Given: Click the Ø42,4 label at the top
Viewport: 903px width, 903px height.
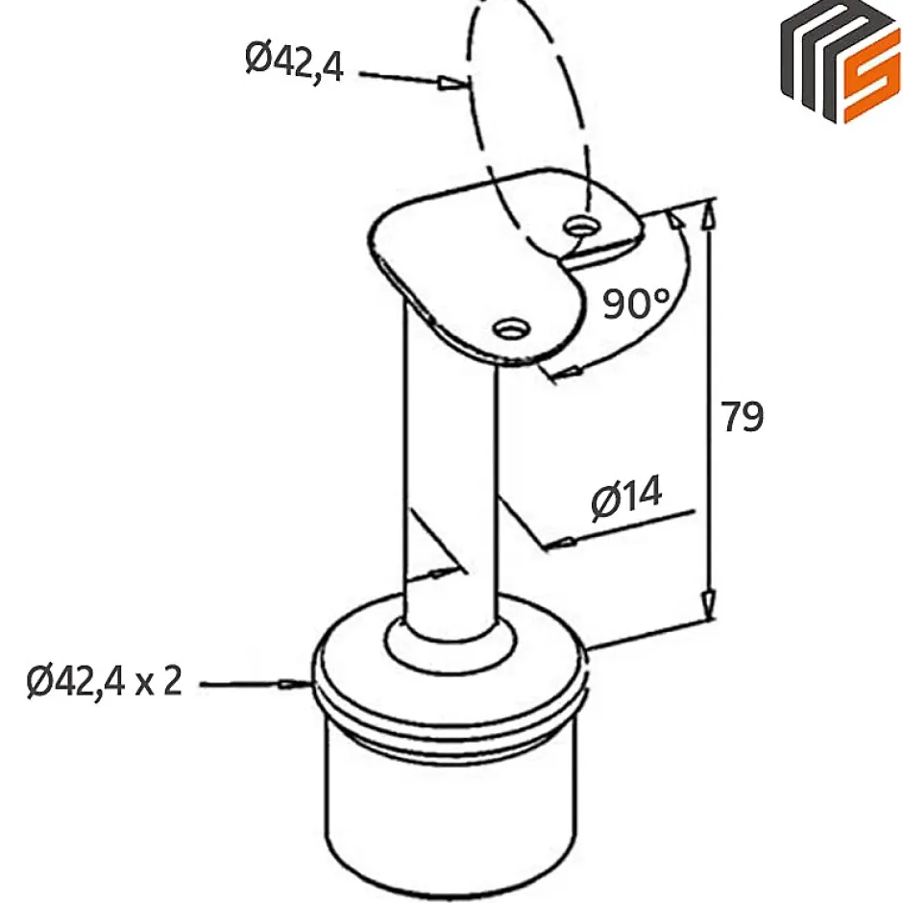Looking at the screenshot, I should pos(294,61).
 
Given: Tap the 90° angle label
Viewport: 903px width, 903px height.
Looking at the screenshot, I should pos(635,304).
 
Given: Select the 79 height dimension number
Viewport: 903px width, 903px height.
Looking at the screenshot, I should pos(743,417).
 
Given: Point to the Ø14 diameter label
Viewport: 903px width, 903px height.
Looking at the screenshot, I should pos(626,499).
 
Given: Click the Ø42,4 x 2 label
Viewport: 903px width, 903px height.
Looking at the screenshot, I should pos(104,682).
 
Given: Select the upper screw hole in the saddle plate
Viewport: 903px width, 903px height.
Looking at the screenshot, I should pos(579,228).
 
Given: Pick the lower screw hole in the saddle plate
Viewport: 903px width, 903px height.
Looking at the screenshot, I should pos(508,329).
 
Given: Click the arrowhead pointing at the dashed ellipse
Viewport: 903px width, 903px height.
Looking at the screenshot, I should pos(449,85).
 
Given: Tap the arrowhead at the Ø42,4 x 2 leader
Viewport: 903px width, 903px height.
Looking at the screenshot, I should pos(289,684).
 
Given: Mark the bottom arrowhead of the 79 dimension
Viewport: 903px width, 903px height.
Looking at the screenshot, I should pos(708,605).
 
